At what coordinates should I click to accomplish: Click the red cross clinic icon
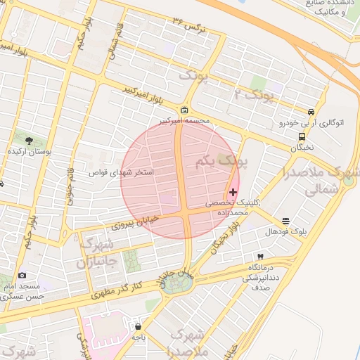click(233, 192)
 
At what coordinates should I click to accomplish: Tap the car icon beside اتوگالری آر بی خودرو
click(311, 112)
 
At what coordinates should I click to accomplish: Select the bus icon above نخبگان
click(302, 136)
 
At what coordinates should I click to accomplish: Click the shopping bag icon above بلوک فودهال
click(285, 221)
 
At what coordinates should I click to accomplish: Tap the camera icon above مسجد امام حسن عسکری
click(22, 275)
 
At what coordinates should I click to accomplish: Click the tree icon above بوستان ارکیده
click(28, 141)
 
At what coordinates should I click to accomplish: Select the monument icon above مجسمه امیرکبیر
click(184, 110)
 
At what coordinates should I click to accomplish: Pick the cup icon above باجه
click(139, 326)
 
